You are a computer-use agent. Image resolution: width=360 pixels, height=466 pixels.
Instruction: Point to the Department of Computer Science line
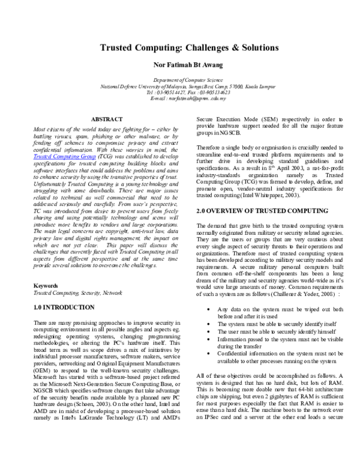pos(181,79)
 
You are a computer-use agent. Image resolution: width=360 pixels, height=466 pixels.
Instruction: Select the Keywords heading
pos(46,286)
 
